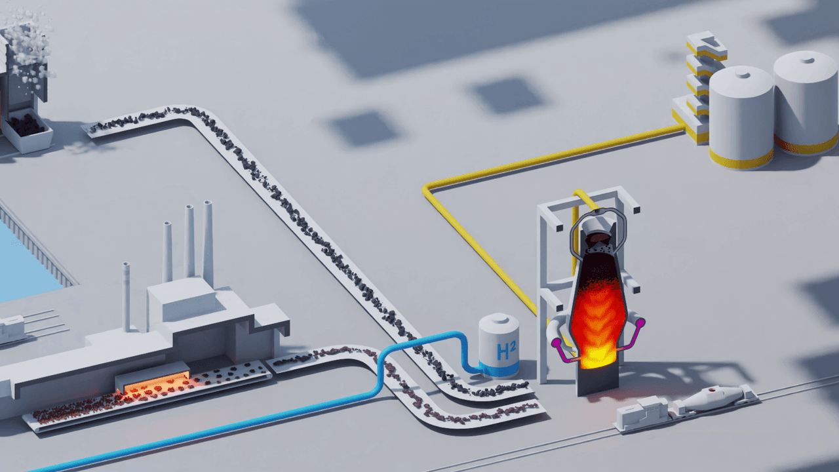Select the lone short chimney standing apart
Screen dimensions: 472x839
(x=127, y=295)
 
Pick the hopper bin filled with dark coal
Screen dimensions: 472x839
(x=27, y=128)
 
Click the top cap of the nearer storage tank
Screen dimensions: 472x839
(x=742, y=75)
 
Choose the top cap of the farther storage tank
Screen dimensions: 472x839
(x=806, y=60)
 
